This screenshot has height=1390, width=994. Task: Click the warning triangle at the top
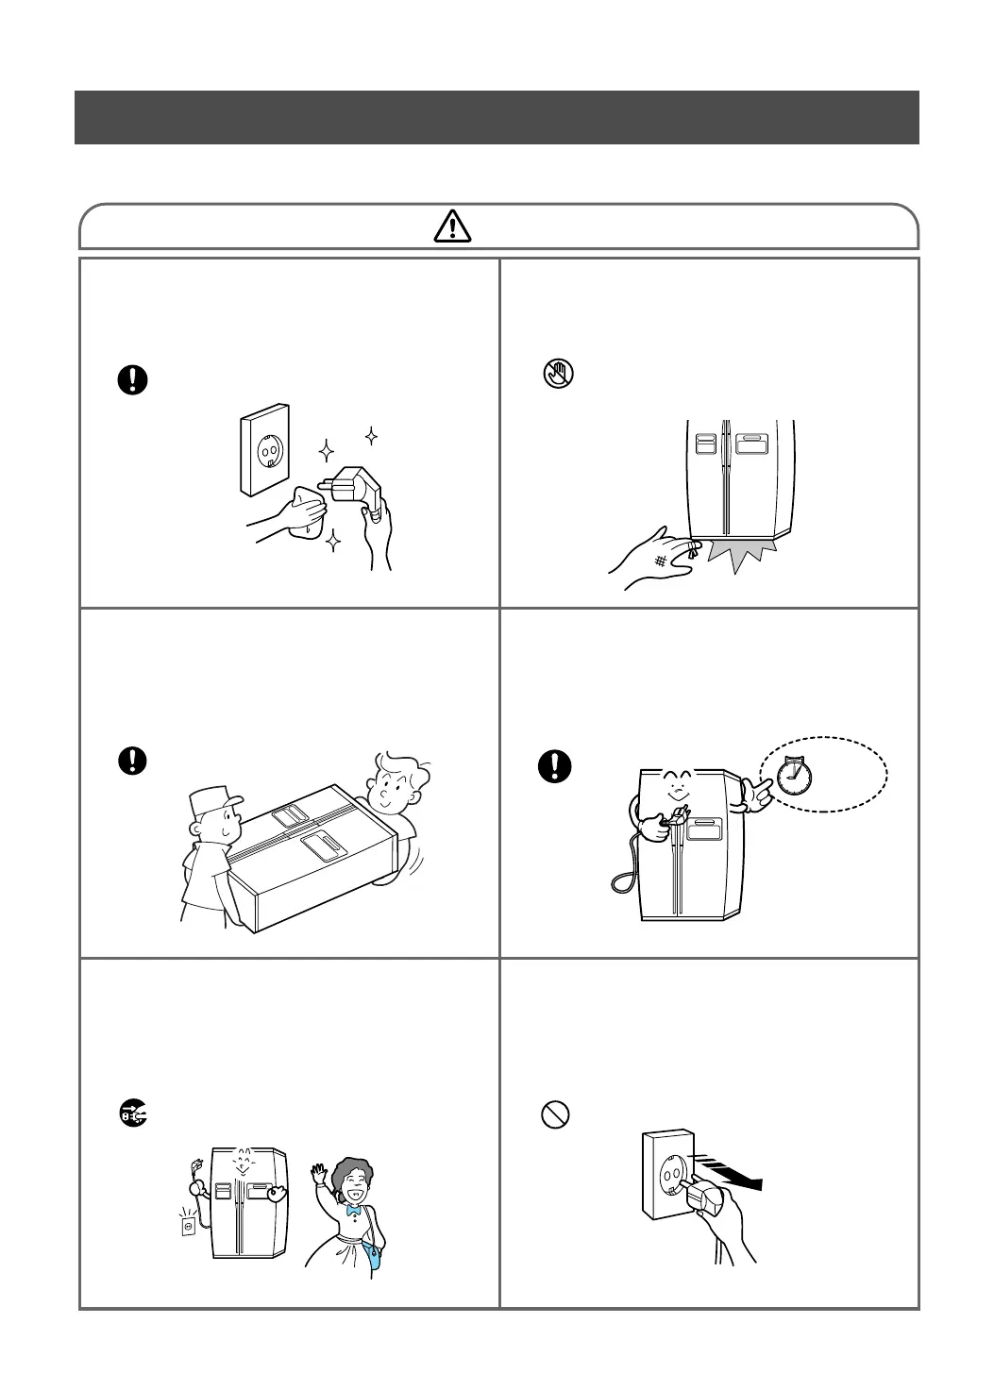point(453,226)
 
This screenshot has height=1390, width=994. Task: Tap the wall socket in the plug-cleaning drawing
point(265,450)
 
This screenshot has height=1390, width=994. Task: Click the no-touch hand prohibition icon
point(556,374)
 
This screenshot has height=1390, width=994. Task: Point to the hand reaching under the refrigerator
point(651,562)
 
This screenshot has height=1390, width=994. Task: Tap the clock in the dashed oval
point(793,775)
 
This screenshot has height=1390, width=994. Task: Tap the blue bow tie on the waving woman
point(354,1209)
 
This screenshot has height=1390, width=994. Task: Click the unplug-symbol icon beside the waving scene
point(133,1115)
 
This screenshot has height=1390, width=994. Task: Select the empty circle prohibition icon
point(555,1115)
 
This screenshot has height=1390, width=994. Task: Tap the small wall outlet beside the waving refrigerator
point(189,1227)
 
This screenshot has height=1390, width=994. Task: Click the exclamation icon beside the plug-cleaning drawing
point(133,379)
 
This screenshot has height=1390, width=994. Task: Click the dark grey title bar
point(497,117)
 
